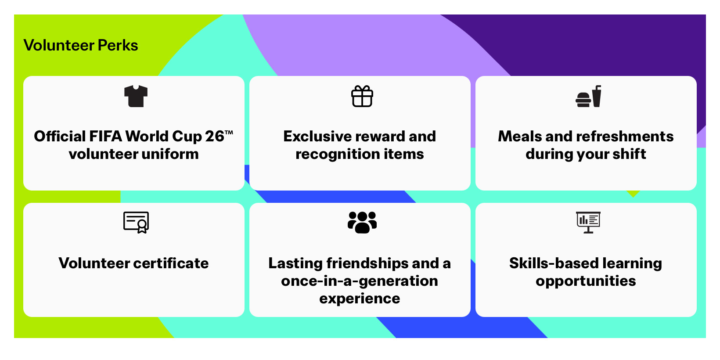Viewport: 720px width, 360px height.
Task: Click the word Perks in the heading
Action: coord(118,45)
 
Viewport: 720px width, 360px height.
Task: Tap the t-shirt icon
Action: coord(136,96)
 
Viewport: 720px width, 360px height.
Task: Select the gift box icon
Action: coord(362,96)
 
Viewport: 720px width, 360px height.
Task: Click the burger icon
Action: coord(583,100)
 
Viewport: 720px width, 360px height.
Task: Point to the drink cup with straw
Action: coord(597,96)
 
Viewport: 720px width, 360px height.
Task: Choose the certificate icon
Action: coord(136,222)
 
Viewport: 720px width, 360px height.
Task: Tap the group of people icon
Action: coord(362,222)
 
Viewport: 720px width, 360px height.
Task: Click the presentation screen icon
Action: coord(588,222)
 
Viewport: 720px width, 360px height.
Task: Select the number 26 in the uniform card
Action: coord(214,136)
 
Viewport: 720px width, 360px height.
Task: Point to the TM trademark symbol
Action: coord(229,132)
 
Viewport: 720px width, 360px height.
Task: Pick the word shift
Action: coord(629,154)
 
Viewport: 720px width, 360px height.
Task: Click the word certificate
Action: coord(171,263)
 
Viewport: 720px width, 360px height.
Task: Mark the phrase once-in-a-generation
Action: coord(360,281)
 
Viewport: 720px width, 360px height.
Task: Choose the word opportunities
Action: coord(586,281)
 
